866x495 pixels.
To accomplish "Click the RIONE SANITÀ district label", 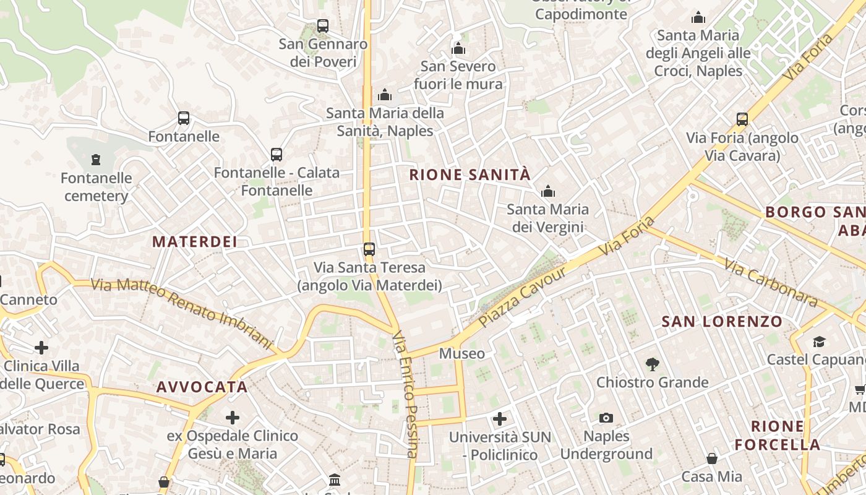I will [470, 175].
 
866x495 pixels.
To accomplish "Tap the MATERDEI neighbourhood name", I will [195, 242].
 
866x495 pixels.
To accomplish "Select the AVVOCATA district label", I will [202, 387].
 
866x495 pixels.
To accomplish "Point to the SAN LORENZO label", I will [722, 322].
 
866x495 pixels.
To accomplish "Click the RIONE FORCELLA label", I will [778, 436].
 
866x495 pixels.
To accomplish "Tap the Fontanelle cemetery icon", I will [96, 160].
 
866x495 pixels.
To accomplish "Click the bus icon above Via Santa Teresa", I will [369, 249].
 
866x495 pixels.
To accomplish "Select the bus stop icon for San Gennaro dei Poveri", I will [323, 26].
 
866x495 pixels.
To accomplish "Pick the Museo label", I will [461, 354].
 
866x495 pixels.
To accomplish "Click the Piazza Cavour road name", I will [523, 298].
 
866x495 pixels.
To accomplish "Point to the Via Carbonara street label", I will [771, 284].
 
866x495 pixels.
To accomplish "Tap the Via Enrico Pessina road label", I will [406, 394].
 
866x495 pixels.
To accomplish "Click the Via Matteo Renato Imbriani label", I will [182, 312].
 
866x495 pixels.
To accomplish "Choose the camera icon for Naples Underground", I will [606, 418].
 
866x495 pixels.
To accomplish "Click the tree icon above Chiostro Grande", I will [652, 364].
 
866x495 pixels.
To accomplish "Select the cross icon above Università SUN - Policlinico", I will [500, 420].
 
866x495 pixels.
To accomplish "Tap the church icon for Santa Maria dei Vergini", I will [547, 191].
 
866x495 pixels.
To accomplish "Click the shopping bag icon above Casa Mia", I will [712, 458].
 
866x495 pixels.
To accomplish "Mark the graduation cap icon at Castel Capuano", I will [819, 342].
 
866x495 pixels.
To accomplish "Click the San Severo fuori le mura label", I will [458, 75].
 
